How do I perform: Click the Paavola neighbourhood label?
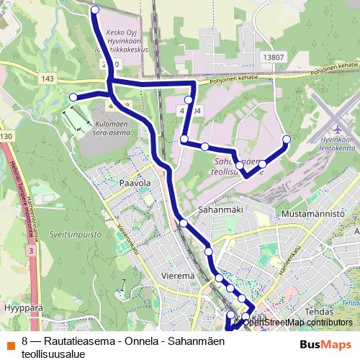(x=135, y=183)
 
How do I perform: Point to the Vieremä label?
(x=178, y=275)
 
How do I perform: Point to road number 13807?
(x=274, y=58)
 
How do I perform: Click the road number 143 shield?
(x=48, y=78)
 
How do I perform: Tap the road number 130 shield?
(x=6, y=136)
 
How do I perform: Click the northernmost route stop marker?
(x=96, y=9)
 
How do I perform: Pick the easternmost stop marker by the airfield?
(x=287, y=139)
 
